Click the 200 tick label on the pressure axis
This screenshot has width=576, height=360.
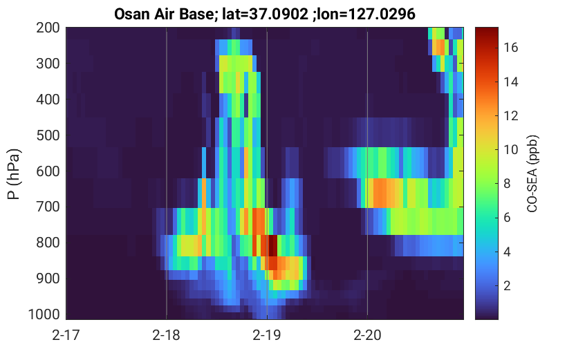tap(48, 28)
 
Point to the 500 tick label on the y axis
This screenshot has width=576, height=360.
tap(48, 135)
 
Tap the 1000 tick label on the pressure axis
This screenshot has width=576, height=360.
tap(44, 314)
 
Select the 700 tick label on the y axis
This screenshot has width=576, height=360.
tap(48, 207)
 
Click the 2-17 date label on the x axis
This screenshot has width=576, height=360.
tap(66, 335)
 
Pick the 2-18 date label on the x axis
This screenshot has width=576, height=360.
tap(167, 335)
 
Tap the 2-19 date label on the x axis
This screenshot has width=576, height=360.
tap(267, 335)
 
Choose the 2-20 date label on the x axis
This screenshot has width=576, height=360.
tap(367, 335)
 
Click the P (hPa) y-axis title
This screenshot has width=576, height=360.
tap(14, 174)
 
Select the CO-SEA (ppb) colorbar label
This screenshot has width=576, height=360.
tap(532, 174)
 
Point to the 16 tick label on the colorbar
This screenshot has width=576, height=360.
tap(511, 48)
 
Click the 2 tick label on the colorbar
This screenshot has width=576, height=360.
tap(508, 285)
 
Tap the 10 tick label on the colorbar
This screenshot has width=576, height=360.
tap(511, 149)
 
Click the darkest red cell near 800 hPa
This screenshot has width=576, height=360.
tap(272, 245)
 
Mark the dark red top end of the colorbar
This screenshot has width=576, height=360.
tap(487, 29)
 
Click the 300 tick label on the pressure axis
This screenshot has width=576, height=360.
tap(48, 64)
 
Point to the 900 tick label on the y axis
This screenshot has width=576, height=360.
tap(48, 278)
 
